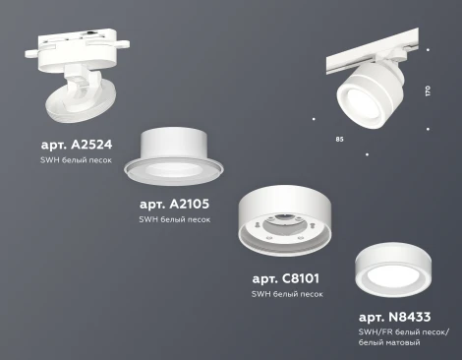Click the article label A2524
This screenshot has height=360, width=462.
coord(77,144)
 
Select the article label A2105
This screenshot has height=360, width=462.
coord(175,204)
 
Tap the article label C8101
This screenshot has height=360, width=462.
coord(285,278)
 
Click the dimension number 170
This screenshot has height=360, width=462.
coord(428,90)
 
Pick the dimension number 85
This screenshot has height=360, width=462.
coord(339,140)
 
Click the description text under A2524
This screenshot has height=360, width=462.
coord(77,159)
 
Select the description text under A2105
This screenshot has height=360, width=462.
coord(175,219)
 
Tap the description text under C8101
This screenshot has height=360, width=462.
coord(286,294)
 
